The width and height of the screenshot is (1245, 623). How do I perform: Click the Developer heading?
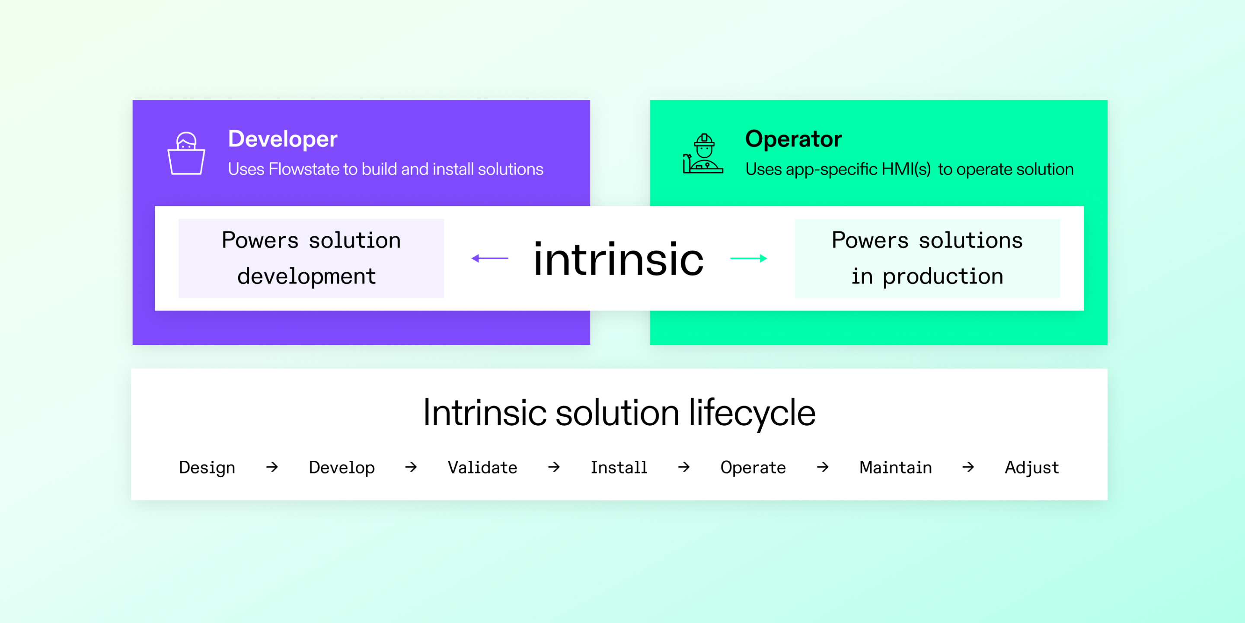[x=283, y=139]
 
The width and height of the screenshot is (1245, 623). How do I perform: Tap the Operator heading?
[x=793, y=139]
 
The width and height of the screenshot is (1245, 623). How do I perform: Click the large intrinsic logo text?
[x=618, y=260]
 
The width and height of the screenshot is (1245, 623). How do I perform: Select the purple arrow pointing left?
[x=490, y=258]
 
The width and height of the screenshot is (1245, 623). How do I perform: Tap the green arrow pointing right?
[x=748, y=258]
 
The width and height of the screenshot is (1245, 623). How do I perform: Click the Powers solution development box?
[x=311, y=258]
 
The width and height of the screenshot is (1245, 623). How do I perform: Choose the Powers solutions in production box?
[x=927, y=258]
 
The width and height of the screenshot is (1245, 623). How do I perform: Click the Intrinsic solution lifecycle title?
[x=619, y=413]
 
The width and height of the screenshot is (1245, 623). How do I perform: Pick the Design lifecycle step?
[x=207, y=468]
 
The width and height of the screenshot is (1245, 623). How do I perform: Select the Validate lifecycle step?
[x=482, y=468]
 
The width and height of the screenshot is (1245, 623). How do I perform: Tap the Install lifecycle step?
[x=619, y=468]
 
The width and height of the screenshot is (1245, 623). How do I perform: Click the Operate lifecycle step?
[x=753, y=468]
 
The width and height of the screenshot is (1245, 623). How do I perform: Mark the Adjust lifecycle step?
[x=1031, y=468]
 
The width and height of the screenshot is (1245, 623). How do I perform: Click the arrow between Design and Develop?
[x=272, y=467]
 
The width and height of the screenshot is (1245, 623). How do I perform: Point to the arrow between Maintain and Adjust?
[x=968, y=467]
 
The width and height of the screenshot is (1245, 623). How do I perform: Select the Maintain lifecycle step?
[x=896, y=468]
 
